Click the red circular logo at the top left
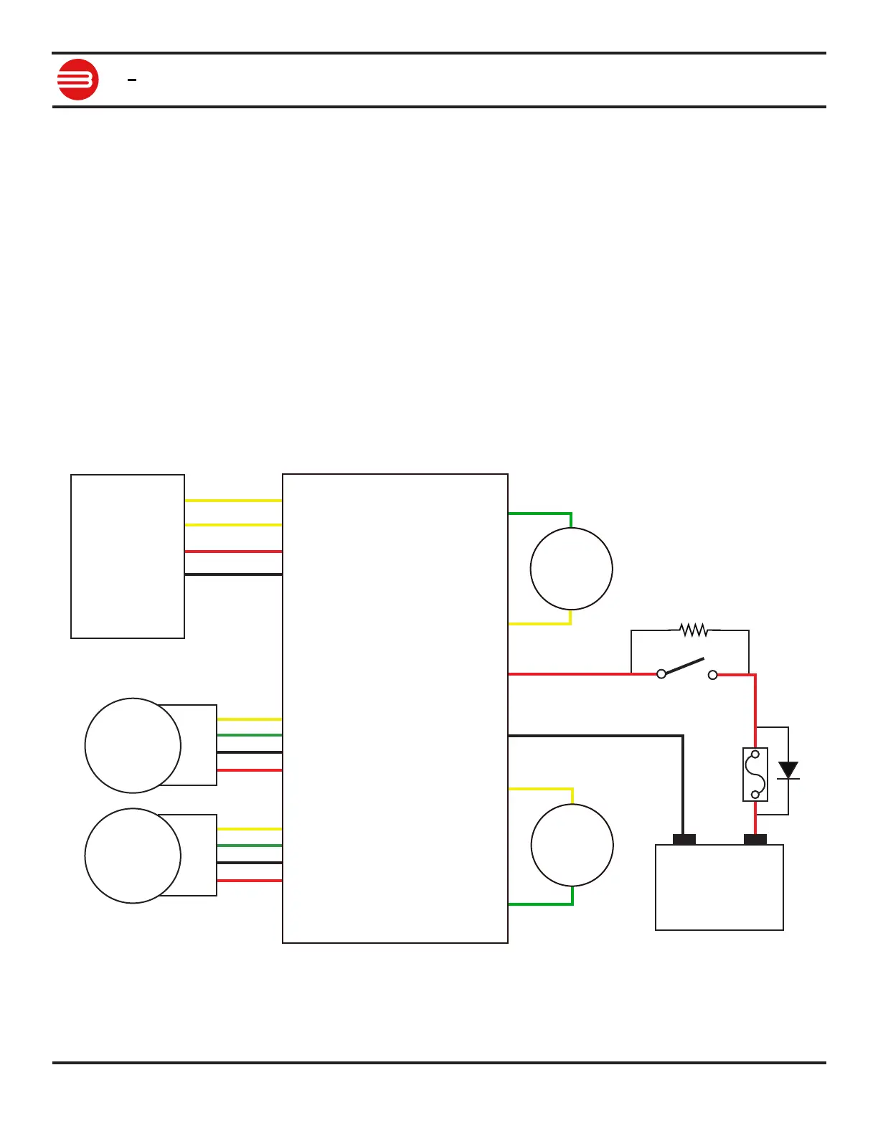77,80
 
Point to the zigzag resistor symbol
694,630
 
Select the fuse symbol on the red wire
755,775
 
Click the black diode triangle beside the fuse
788,770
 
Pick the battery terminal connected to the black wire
684,839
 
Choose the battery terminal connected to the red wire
755,839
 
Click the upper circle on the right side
571,569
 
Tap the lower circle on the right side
572,845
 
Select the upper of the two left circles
133,745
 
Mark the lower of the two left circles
133,856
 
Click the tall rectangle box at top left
128,556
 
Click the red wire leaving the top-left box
233,551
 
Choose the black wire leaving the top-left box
233,574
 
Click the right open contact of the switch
712,675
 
